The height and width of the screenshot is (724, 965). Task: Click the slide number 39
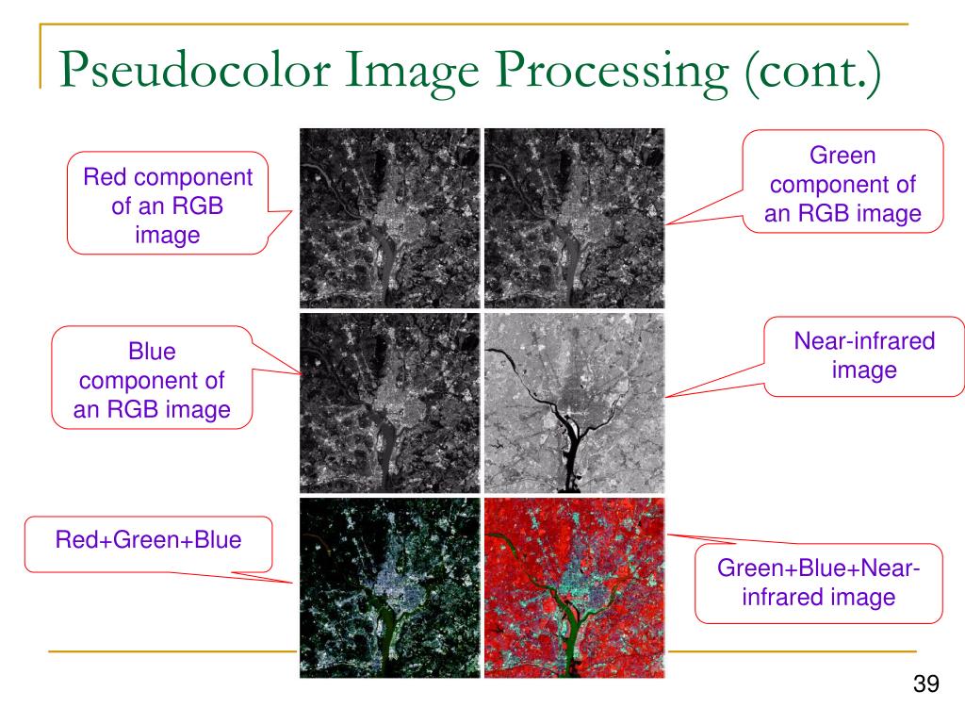pos(926,684)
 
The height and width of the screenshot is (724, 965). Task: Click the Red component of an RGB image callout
pos(168,206)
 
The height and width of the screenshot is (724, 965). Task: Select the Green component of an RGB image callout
pos(843,184)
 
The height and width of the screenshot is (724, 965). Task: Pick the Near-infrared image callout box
pos(864,355)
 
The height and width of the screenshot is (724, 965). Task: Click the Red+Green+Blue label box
pos(148,543)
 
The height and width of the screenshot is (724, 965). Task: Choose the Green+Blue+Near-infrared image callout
pos(818,583)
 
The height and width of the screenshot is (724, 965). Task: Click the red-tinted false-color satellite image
pos(574,586)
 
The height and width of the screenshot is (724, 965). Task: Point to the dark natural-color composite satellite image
pos(390,586)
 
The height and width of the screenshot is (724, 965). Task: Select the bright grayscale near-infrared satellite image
pos(574,403)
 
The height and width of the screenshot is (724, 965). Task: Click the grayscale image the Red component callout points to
pos(390,219)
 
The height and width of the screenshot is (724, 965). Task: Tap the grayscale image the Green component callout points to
pos(574,219)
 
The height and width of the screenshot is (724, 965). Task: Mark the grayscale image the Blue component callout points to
pos(390,403)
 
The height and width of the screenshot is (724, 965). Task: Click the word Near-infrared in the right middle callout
pos(864,341)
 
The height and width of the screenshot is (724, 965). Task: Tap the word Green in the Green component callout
pos(843,156)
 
